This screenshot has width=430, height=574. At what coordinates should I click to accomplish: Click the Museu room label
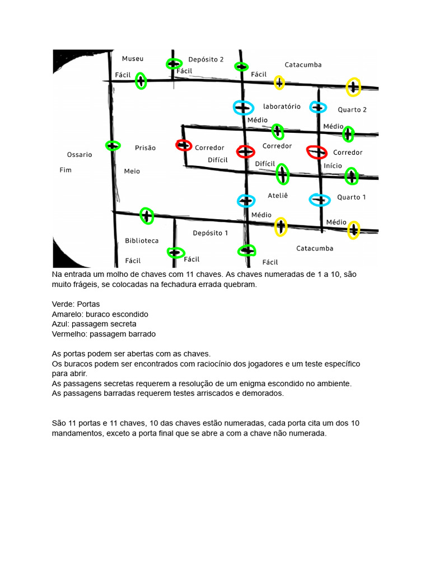pos(133,58)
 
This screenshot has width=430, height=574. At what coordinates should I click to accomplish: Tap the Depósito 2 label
pos(206,59)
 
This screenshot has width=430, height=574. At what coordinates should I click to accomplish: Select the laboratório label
pos(282,106)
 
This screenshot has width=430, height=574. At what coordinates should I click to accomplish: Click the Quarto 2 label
pos(352,109)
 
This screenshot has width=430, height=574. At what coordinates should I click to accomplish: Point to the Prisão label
pos(145,148)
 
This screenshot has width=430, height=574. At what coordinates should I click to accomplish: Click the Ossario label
pos(80,154)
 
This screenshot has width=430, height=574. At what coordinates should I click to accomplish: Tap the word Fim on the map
pos(66,169)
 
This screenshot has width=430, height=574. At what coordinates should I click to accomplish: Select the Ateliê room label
pos(278,196)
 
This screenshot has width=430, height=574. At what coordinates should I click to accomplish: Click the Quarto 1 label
pos(352,197)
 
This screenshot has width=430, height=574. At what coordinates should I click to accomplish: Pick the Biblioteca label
pos(142,240)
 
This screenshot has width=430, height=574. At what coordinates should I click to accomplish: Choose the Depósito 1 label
pos(211,233)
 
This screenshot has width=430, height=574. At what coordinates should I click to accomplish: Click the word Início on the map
pos(333,166)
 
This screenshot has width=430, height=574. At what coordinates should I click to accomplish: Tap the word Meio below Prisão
pos(132,171)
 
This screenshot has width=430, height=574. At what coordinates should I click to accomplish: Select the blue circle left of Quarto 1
pos(320,199)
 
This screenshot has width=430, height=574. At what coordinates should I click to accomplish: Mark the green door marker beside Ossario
pos(113,146)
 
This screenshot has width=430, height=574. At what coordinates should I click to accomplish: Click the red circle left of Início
pos(317,151)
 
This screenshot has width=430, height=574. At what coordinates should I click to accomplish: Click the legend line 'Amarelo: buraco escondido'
pos(100,314)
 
